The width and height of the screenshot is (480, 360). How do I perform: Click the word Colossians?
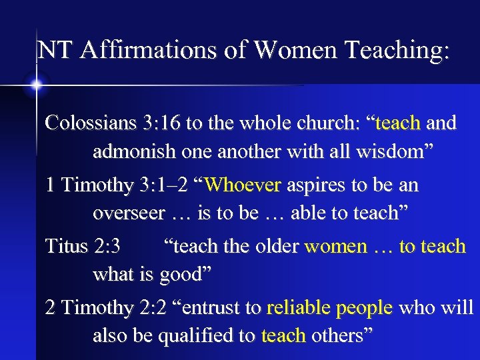pos(90,123)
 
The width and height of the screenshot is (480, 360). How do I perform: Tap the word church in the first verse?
pos(327,123)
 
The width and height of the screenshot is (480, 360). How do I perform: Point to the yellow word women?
pos(335,246)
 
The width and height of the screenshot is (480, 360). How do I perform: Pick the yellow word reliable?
pos(299,308)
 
